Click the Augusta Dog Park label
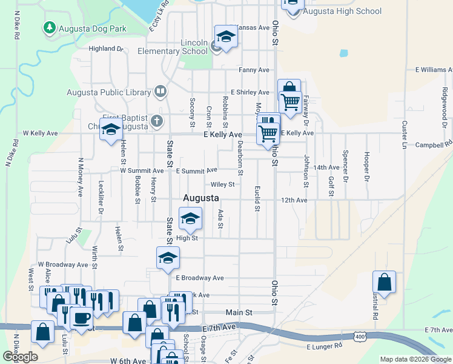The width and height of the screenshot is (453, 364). pyautogui.click(x=93, y=28)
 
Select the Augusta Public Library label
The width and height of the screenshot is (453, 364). pyautogui.click(x=109, y=92)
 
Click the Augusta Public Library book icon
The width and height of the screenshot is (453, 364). pyautogui.click(x=160, y=92)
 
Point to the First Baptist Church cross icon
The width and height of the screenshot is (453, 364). pyautogui.click(x=157, y=120)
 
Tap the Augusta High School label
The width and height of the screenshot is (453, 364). pyautogui.click(x=342, y=11)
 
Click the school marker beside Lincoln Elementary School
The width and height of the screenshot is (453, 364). pyautogui.click(x=226, y=38)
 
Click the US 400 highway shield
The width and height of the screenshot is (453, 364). pyautogui.click(x=360, y=335)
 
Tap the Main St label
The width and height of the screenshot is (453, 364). pyautogui.click(x=239, y=312)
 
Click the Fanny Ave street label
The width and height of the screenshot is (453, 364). pyautogui.click(x=254, y=70)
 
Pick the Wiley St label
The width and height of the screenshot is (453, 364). pyautogui.click(x=222, y=184)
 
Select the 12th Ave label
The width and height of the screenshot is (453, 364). pyautogui.click(x=294, y=200)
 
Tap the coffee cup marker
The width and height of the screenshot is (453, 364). pyautogui.click(x=81, y=317)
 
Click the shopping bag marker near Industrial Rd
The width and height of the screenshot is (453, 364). pyautogui.click(x=384, y=283)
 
